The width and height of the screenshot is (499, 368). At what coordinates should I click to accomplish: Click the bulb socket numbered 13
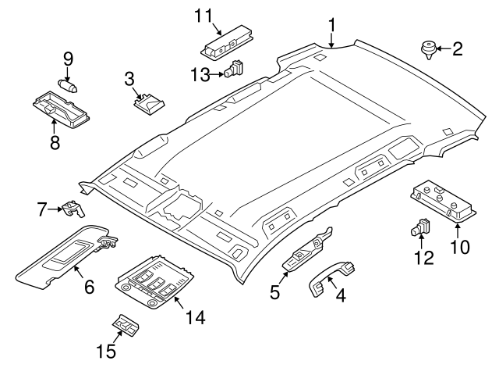[x=233, y=72]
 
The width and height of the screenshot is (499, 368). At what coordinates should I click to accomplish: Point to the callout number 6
[x=88, y=288]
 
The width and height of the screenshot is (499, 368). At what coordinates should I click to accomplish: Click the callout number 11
[x=203, y=15]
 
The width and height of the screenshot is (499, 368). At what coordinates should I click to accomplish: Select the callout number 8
[x=55, y=142]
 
